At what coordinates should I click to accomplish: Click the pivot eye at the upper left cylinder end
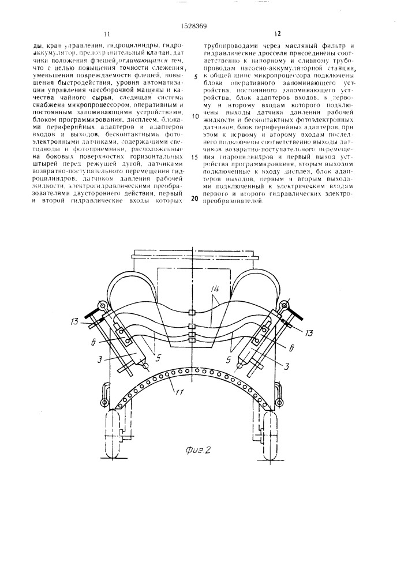[103, 306]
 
